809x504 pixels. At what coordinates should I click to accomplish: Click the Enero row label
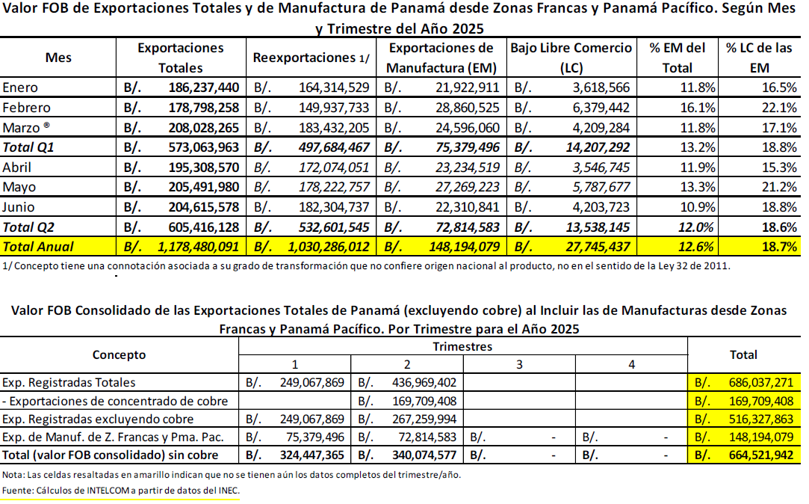(20, 87)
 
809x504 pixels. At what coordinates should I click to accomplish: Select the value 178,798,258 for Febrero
(203, 108)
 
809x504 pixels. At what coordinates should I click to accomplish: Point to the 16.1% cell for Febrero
(698, 108)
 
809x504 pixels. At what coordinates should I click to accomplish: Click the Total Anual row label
(38, 247)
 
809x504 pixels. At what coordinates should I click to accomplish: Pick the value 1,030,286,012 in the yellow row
(328, 247)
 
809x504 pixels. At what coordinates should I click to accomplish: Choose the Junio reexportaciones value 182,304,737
(334, 207)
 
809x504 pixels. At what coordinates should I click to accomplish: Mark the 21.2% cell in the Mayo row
(779, 187)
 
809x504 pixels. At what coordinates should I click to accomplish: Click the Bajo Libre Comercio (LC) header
(571, 58)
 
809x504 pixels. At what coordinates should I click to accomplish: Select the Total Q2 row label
(28, 227)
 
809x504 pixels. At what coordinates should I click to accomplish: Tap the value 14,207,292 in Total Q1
(598, 147)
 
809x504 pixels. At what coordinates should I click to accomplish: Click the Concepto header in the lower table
(120, 354)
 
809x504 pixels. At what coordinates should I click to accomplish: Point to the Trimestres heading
(462, 346)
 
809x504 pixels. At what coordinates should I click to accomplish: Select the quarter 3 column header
(519, 365)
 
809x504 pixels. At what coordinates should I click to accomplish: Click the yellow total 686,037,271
(761, 383)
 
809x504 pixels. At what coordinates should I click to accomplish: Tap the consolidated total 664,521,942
(761, 455)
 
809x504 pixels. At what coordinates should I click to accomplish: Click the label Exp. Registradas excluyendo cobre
(98, 419)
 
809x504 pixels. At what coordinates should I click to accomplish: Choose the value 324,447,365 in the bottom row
(311, 455)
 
